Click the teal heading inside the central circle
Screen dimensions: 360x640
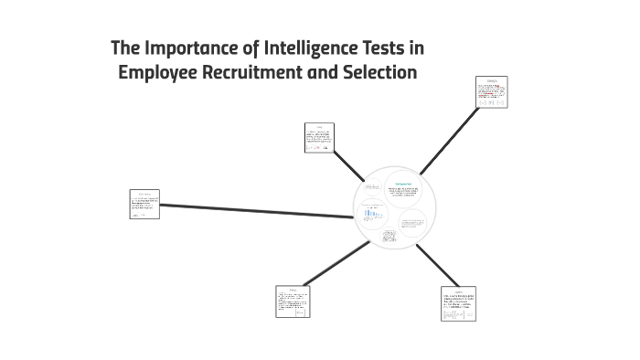click(402, 182)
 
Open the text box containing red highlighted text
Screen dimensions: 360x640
click(491, 91)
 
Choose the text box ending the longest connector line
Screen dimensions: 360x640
click(144, 204)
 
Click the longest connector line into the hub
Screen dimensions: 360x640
click(256, 211)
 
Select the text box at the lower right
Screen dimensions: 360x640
click(458, 303)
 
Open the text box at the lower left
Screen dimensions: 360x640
click(293, 302)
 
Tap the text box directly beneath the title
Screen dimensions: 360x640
click(319, 137)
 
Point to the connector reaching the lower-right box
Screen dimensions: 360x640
click(438, 266)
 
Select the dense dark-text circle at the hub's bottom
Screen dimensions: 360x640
click(389, 238)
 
